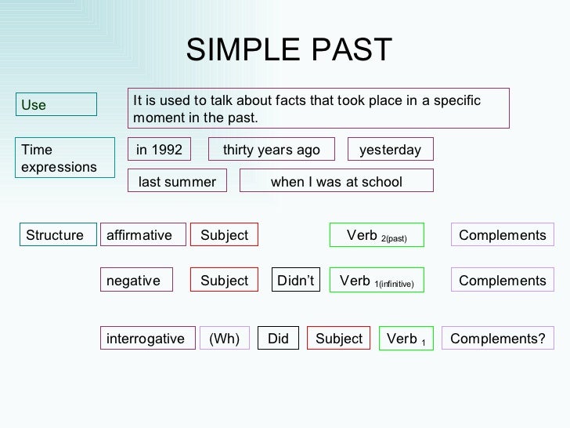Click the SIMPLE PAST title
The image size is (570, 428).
288,51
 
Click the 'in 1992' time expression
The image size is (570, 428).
159,150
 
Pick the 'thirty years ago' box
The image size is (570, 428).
271,150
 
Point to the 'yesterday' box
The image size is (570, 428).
390,150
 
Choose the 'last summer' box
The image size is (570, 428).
177,182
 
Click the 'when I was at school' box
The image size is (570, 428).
335,182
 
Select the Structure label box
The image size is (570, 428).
55,235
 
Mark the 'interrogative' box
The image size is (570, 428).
146,339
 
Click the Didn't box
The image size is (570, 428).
296,281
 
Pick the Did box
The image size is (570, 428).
278,339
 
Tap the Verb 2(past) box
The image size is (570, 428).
377,235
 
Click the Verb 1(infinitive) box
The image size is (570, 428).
377,281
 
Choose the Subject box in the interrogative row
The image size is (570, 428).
338,339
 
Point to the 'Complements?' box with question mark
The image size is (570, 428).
498,339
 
